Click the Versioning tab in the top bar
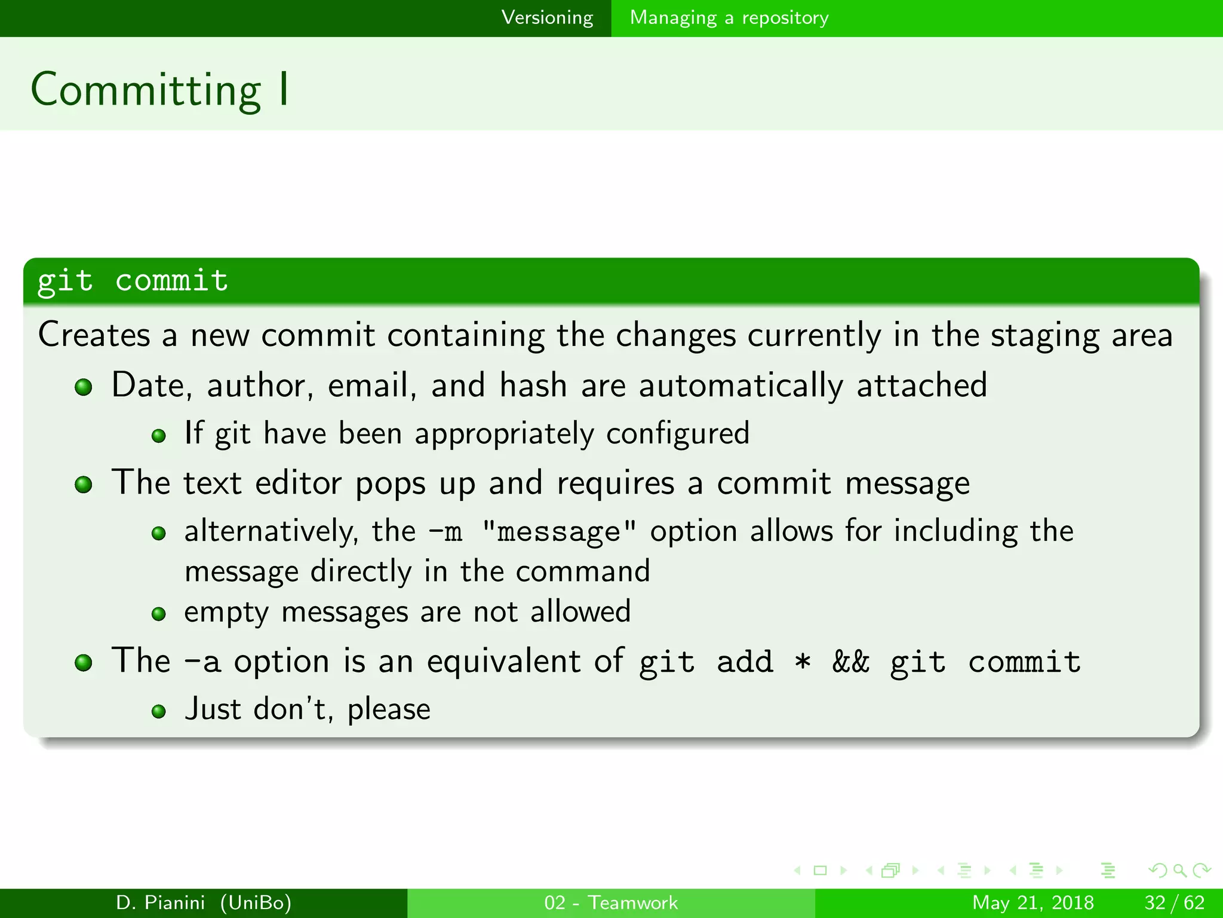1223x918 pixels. click(547, 17)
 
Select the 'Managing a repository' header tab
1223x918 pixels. click(729, 17)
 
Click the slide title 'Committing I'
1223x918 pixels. click(160, 90)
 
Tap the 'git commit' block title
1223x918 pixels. click(133, 280)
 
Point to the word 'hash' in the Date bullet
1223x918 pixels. click(533, 385)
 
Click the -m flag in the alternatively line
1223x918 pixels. click(445, 532)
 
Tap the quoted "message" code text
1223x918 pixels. click(559, 532)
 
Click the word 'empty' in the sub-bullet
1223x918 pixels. click(226, 613)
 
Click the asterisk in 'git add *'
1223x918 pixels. click(803, 662)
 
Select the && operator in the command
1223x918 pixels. click(851, 662)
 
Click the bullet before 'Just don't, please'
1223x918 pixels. click(158, 711)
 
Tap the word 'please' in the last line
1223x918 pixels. click(389, 710)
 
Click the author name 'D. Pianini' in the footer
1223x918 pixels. click(161, 902)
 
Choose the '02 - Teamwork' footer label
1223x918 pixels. click(611, 902)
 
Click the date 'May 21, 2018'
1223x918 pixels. click(1033, 902)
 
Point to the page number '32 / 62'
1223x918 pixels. click(1174, 902)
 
